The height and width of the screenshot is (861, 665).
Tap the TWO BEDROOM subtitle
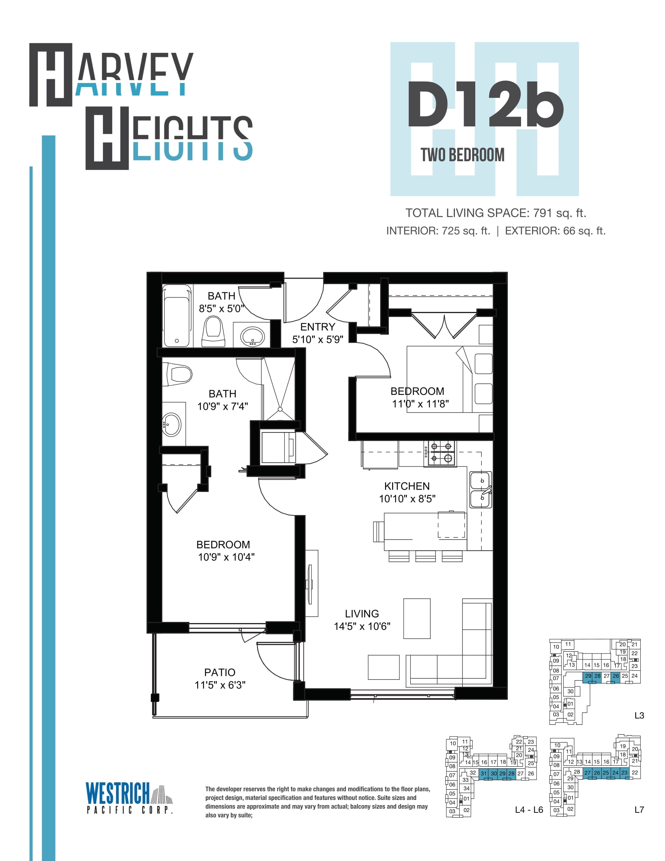[x=462, y=155]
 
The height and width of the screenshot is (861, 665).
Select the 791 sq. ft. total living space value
[x=560, y=213]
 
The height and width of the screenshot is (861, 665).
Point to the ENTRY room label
[x=318, y=327]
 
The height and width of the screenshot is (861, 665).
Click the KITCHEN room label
[x=407, y=486]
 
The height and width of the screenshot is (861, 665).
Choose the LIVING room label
[x=362, y=613]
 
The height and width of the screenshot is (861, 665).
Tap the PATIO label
[x=220, y=672]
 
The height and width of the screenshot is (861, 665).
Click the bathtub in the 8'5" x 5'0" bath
[x=177, y=316]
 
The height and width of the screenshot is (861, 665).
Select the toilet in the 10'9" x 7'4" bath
[x=177, y=374]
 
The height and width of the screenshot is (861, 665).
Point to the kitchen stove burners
[x=441, y=452]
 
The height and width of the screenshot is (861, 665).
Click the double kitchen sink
[x=481, y=490]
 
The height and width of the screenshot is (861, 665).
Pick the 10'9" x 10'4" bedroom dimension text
[x=226, y=557]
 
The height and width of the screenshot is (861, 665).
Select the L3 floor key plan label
[x=639, y=715]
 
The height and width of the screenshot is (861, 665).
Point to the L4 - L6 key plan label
[x=529, y=810]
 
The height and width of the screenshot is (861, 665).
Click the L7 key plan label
[x=639, y=810]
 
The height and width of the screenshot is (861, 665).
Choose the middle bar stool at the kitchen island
[x=426, y=556]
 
